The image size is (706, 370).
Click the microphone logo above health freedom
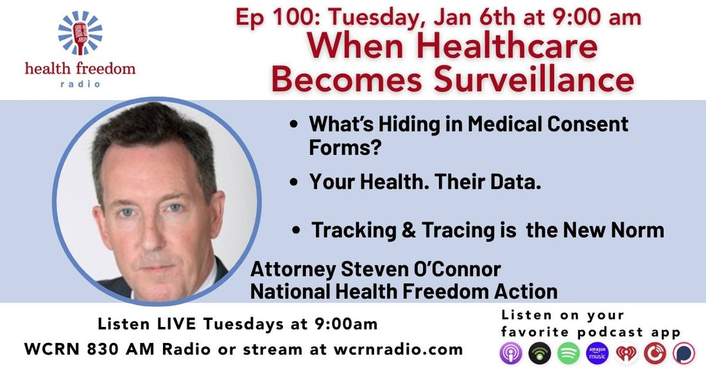pyautogui.click(x=80, y=32)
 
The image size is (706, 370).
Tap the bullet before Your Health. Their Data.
pyautogui.click(x=294, y=183)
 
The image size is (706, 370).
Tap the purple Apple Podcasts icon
pyautogui.click(x=510, y=353)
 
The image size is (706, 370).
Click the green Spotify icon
pyautogui.click(x=568, y=353)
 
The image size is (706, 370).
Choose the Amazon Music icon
pyautogui.click(x=597, y=353)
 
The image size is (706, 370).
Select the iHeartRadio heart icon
pyautogui.click(x=626, y=353)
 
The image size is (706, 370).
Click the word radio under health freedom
pyautogui.click(x=80, y=84)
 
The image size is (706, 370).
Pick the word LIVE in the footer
pyautogui.click(x=199, y=324)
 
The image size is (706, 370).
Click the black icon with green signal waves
pyautogui.click(x=539, y=353)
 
